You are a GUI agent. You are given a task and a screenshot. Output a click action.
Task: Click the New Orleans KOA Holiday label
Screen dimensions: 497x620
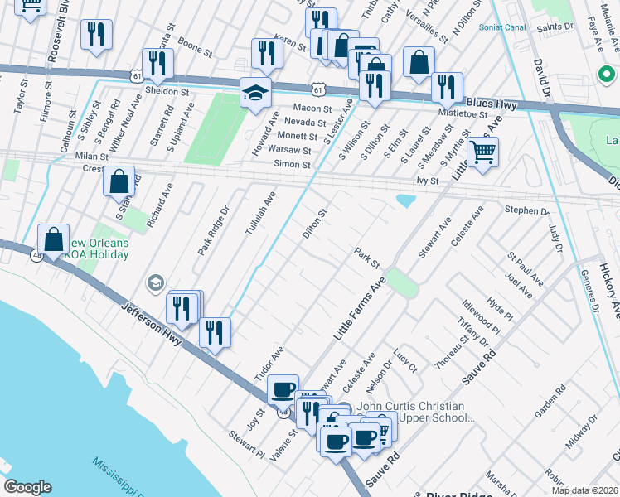[x=97, y=248]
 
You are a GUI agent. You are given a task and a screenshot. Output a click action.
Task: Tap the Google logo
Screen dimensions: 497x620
[x=27, y=486]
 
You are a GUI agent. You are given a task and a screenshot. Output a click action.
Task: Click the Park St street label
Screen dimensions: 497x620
[x=366, y=258]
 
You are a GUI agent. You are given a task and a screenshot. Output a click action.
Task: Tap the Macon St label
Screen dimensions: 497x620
[x=312, y=108]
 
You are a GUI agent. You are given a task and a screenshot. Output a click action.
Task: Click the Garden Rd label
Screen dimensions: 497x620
[x=550, y=400]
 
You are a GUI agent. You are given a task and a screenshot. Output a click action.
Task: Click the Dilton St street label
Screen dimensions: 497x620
[x=316, y=224]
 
